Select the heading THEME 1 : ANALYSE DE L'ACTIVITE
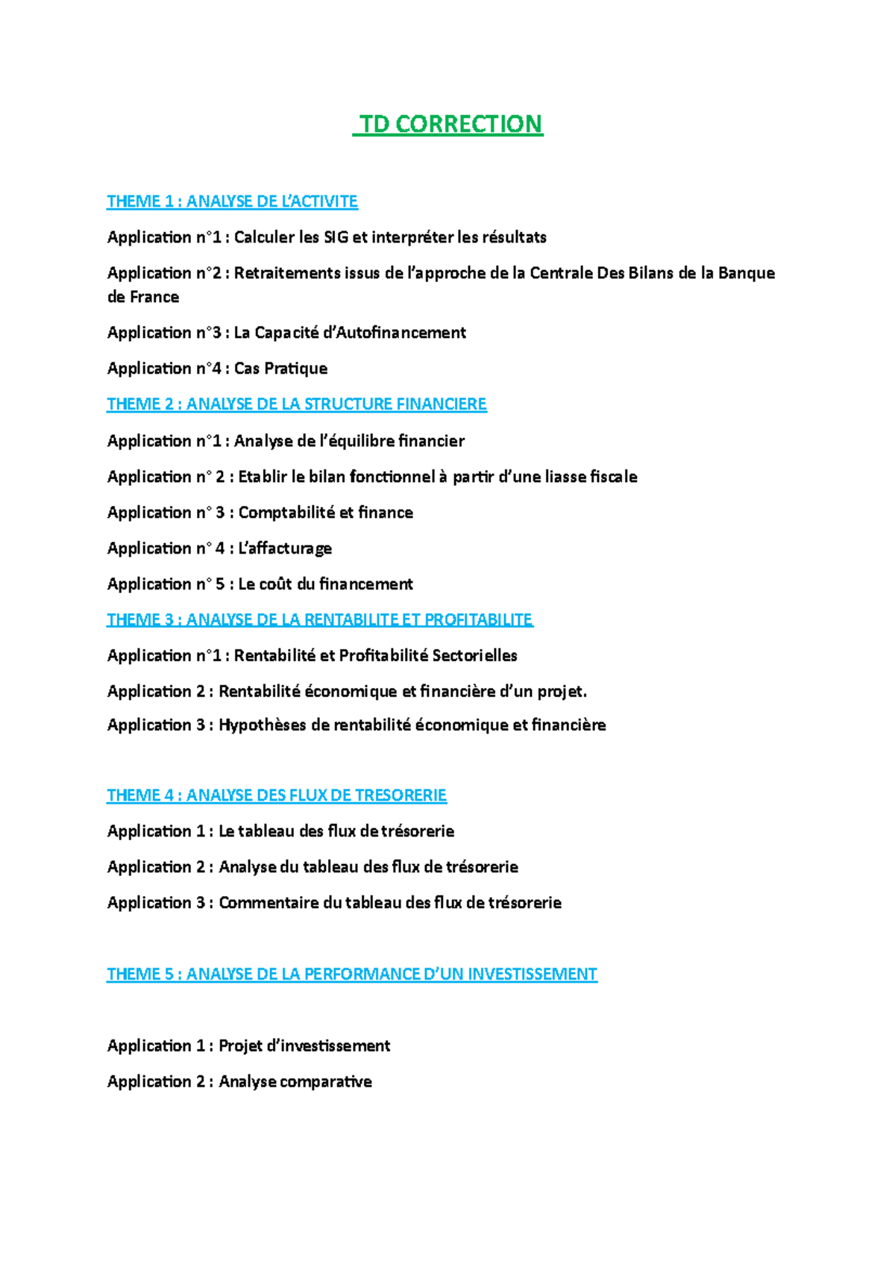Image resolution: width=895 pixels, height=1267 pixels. pos(232,201)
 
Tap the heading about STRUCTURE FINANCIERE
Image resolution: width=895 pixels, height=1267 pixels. pos(296,404)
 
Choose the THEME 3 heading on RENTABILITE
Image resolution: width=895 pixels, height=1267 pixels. pos(319,619)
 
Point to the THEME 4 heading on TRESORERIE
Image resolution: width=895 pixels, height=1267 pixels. pos(276,795)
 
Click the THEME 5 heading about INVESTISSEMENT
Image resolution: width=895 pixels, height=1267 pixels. pos(351,975)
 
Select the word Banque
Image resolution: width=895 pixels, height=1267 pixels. pos(747,273)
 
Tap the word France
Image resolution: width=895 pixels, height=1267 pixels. pos(154,297)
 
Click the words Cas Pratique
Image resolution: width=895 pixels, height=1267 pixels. pos(280,369)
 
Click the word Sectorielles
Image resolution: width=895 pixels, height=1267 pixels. pos(474,656)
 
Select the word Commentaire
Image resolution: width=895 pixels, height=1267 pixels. pos(268,903)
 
